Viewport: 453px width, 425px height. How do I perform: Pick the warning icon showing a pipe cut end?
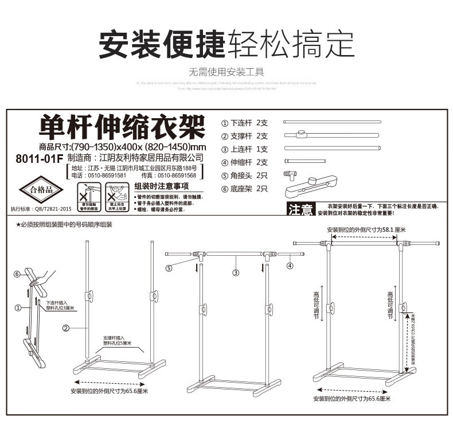coord(87,193)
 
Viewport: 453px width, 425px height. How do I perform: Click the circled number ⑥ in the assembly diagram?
coord(17,274)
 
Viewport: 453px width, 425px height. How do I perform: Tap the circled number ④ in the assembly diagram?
coord(290,266)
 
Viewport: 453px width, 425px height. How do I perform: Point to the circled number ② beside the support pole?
coord(66,329)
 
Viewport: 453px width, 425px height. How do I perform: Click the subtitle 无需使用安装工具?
coord(226,72)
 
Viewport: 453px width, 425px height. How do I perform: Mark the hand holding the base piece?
coord(35,279)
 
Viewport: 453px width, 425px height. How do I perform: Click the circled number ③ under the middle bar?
coord(235,273)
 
